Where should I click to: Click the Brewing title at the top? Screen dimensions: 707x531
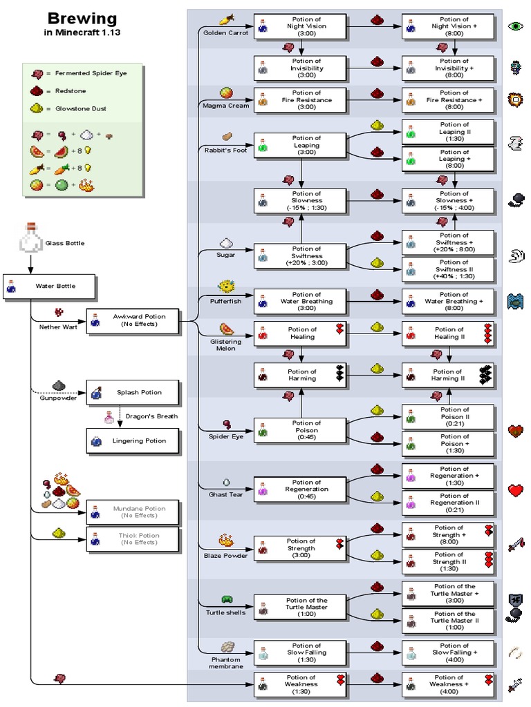(82, 19)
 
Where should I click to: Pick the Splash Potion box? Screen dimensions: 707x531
(133, 392)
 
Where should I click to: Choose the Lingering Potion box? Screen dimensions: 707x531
(133, 440)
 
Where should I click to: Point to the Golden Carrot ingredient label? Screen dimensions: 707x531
(222, 32)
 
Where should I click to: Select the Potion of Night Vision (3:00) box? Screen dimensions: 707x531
(299, 26)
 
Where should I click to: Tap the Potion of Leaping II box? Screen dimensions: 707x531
(448, 132)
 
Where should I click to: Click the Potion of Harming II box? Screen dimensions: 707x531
(448, 375)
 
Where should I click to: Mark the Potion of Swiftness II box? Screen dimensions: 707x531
(448, 269)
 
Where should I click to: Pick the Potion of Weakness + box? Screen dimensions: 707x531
(448, 684)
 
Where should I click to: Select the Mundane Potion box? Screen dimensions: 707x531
(133, 512)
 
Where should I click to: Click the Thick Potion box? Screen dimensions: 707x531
(133, 539)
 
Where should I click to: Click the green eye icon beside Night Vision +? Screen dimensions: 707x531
(516, 26)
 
